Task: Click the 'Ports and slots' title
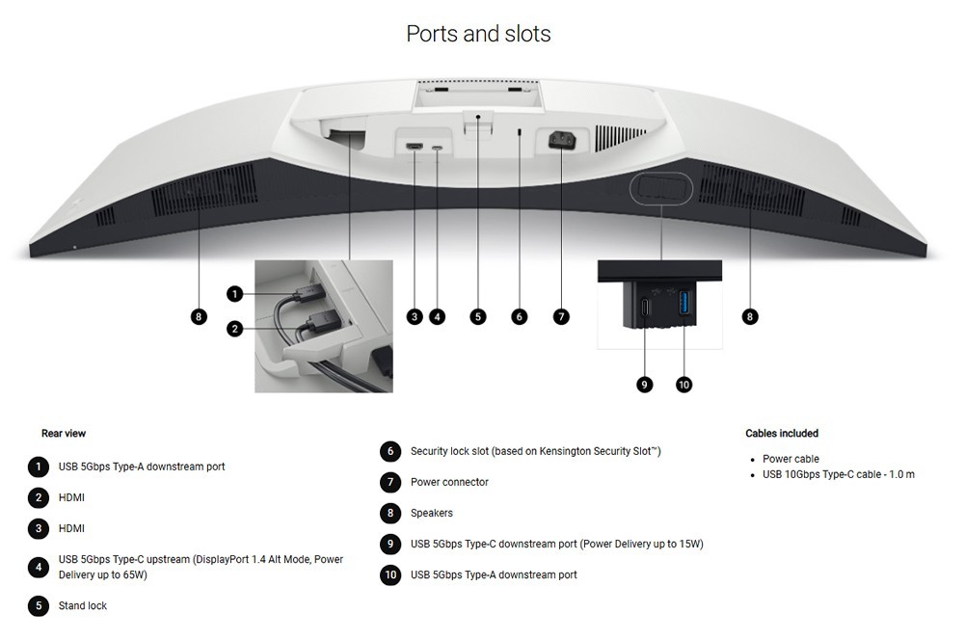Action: click(478, 34)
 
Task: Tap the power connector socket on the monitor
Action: click(562, 141)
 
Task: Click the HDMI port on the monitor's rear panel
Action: click(414, 147)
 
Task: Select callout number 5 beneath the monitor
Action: click(478, 316)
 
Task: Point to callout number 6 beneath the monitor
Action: click(519, 316)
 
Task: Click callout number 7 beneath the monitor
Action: click(561, 316)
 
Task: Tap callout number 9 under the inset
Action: click(644, 385)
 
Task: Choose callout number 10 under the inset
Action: click(683, 385)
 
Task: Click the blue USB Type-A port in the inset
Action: click(684, 304)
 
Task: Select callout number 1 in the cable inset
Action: click(234, 294)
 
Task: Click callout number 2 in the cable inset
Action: click(234, 329)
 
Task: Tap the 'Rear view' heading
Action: click(64, 434)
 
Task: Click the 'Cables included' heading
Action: click(782, 434)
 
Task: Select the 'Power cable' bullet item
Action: click(790, 459)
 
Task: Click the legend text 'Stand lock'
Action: click(82, 605)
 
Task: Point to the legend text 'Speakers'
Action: click(432, 513)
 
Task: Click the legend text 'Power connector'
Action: click(449, 482)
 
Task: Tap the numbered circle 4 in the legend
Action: click(39, 567)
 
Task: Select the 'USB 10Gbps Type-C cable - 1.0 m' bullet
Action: click(839, 474)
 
